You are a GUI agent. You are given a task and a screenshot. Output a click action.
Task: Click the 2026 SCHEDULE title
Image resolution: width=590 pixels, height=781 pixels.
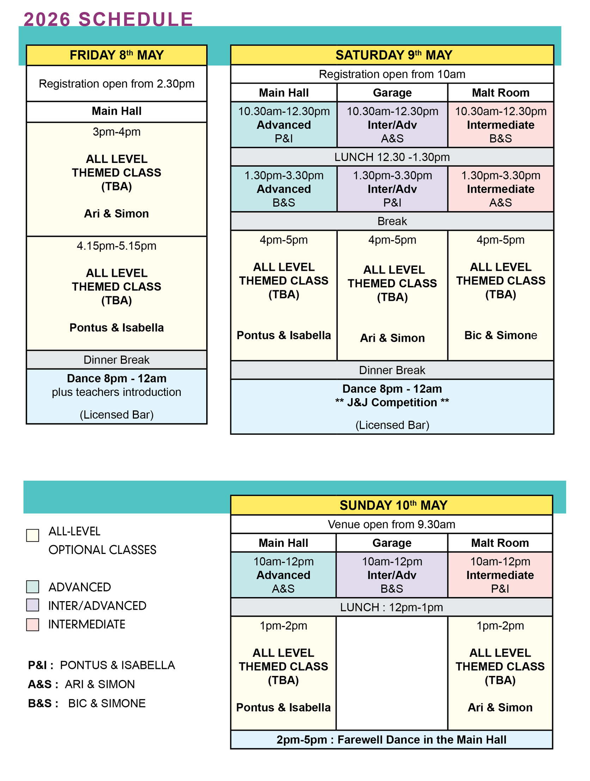click(108, 19)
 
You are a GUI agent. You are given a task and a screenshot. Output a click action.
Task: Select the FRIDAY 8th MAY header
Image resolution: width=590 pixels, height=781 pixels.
click(116, 55)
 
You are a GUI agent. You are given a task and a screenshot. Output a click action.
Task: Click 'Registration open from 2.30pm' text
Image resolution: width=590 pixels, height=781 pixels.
click(116, 84)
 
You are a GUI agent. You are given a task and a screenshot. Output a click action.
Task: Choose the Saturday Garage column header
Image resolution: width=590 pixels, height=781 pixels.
click(392, 92)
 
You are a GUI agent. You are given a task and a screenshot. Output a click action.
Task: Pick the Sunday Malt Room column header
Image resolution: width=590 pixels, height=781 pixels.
click(500, 543)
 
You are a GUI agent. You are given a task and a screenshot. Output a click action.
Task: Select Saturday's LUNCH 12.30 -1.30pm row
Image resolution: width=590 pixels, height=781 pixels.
click(392, 157)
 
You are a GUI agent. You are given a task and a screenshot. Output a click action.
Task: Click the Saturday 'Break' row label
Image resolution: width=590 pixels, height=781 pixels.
click(392, 221)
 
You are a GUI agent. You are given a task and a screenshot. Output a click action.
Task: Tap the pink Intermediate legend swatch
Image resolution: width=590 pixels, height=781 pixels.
click(32, 624)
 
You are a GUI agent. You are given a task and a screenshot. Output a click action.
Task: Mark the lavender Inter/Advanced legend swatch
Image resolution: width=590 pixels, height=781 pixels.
click(32, 605)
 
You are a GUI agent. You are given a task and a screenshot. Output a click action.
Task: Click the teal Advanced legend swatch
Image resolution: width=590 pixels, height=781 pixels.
click(32, 587)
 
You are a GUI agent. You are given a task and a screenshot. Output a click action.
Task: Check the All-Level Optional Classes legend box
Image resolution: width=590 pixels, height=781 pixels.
click(32, 535)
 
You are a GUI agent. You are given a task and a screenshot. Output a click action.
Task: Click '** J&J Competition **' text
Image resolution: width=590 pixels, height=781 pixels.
click(392, 402)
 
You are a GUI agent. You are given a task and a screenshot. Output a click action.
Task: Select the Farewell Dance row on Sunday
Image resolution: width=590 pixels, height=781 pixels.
click(391, 739)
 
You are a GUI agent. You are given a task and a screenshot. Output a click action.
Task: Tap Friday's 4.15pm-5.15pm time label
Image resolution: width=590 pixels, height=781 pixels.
click(116, 246)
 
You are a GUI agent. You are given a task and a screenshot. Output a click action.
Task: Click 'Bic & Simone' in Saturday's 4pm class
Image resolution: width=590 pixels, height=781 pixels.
click(500, 335)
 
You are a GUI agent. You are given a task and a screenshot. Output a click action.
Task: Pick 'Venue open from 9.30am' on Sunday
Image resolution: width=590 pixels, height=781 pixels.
click(391, 524)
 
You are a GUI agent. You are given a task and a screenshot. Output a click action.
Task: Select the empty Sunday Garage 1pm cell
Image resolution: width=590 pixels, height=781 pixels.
click(392, 673)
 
